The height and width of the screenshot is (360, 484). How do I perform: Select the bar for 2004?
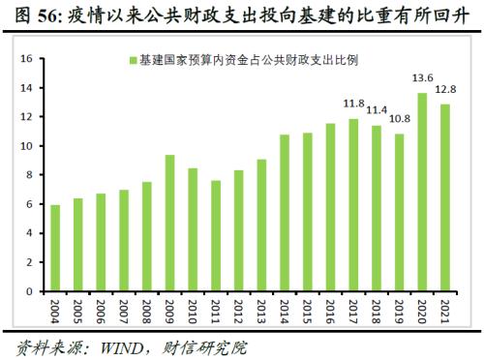[55, 248]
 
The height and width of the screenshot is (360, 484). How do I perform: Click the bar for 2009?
[169, 223]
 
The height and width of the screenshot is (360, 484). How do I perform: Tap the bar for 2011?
[216, 235]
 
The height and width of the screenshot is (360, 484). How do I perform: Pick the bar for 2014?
[285, 213]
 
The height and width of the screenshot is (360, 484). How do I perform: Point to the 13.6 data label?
[422, 78]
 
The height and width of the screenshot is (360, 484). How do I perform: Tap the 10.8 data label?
[399, 119]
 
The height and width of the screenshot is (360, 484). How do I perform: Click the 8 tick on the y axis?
[30, 175]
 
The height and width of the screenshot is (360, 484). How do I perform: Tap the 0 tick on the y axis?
[30, 291]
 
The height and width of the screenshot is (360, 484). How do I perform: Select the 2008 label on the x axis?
[147, 312]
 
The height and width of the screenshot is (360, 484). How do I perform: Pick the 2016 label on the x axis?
[331, 312]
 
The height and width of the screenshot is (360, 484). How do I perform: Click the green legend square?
[132, 60]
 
